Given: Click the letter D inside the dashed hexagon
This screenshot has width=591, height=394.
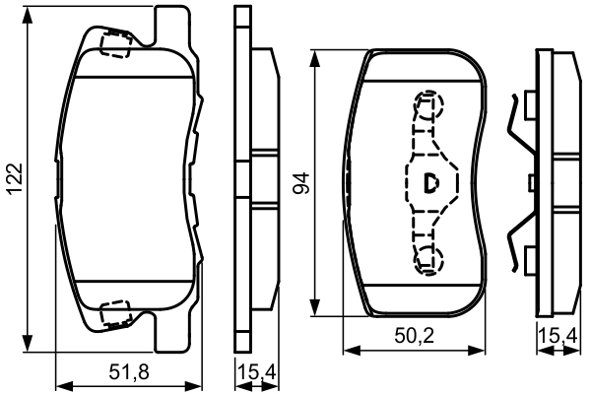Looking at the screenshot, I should click(431, 181).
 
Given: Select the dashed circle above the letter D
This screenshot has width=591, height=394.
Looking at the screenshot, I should click(429, 102).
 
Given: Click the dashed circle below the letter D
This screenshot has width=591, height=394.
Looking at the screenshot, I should click(429, 259).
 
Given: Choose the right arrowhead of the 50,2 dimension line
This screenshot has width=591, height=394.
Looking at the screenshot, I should click(485, 349).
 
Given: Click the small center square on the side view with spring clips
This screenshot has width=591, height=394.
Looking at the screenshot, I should click(532, 182).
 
